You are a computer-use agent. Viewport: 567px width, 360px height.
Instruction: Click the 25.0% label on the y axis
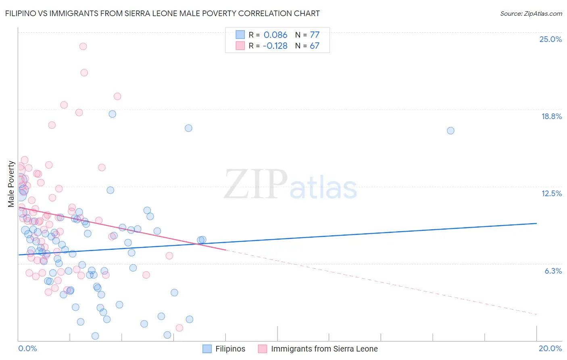pyautogui.click(x=550, y=39)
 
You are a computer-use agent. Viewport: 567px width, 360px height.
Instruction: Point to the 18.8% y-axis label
pyautogui.click(x=551, y=116)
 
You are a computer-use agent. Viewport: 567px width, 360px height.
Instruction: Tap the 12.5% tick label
pyautogui.click(x=551, y=193)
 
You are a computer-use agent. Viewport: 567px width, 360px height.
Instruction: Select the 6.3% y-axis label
pyautogui.click(x=553, y=271)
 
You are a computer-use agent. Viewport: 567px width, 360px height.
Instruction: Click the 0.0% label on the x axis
pyautogui.click(x=27, y=348)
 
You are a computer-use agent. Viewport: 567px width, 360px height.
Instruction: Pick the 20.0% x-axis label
pyautogui.click(x=550, y=348)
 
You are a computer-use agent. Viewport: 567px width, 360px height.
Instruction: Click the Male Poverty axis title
pyautogui.click(x=11, y=184)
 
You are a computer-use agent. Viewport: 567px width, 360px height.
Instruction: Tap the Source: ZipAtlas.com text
pyautogui.click(x=531, y=14)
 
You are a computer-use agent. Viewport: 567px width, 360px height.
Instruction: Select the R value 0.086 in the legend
pyautogui.click(x=275, y=35)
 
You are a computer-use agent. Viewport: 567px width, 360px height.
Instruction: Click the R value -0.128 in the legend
pyautogui.click(x=275, y=46)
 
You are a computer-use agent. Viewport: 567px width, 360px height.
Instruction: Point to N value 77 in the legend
pyautogui.click(x=315, y=35)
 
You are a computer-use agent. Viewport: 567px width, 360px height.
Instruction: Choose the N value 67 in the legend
pyautogui.click(x=315, y=46)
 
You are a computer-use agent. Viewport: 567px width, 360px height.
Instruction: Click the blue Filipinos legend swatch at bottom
pyautogui.click(x=207, y=349)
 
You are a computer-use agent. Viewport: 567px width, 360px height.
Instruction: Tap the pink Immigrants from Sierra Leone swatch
pyautogui.click(x=263, y=349)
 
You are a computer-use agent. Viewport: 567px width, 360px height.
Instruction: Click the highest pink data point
pyautogui.click(x=83, y=46)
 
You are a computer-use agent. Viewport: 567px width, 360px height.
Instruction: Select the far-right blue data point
pyautogui.click(x=450, y=131)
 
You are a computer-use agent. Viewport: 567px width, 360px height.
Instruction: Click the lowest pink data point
pyautogui.click(x=179, y=328)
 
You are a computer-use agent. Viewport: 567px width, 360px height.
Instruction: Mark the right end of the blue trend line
pyautogui.click(x=536, y=223)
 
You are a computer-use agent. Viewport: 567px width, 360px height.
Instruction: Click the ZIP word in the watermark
pyautogui.click(x=255, y=185)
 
